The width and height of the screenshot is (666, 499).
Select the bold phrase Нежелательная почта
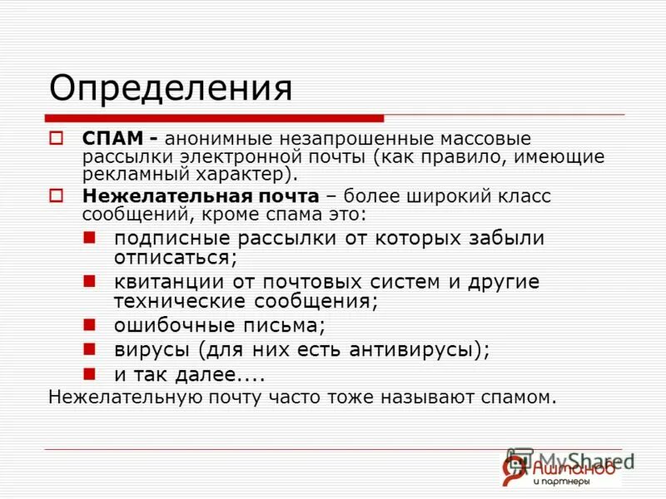coord(200,196)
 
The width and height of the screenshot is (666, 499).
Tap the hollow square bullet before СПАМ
coord(57,137)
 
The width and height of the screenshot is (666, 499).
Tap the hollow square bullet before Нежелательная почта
coord(57,196)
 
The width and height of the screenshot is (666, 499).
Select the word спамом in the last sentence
coord(516,397)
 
